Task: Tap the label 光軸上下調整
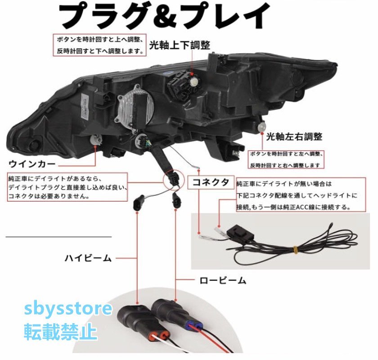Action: coord(180,45)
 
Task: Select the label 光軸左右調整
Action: coord(294,136)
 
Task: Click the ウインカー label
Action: coord(32,164)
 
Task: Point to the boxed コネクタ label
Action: coord(211,182)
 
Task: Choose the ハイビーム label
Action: coord(88,258)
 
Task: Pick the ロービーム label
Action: coord(223,280)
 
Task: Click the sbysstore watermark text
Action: coord(68,309)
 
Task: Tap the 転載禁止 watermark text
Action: coord(60,332)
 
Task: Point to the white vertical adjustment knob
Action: coord(194,81)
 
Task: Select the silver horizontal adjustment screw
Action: coord(261,126)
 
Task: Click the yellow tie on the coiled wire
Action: coord(296,250)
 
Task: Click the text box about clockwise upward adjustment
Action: coord(100,45)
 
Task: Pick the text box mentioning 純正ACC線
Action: coord(301,195)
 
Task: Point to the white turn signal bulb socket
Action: coord(94,140)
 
